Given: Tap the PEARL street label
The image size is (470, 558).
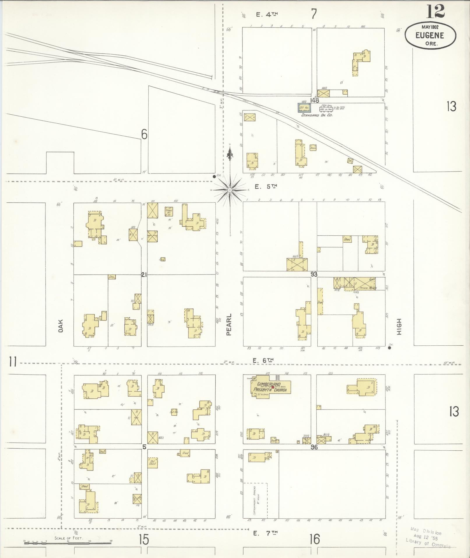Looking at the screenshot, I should (229, 324).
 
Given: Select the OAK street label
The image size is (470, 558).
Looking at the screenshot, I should (61, 325).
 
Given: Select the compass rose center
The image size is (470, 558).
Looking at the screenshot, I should (230, 190).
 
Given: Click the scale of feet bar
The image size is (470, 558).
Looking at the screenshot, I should (68, 542).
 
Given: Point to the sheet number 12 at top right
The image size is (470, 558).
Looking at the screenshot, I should (436, 12).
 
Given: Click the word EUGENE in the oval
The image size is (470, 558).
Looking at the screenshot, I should (430, 35).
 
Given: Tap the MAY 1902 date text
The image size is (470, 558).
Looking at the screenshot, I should (430, 27).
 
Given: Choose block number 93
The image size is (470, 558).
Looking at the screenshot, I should (314, 274).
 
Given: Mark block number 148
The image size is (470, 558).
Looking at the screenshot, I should (314, 100).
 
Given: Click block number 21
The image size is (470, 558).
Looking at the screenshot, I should (144, 274).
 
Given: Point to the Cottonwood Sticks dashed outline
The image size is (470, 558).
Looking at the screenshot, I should (255, 501).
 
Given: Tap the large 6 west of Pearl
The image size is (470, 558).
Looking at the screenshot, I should (144, 134).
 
